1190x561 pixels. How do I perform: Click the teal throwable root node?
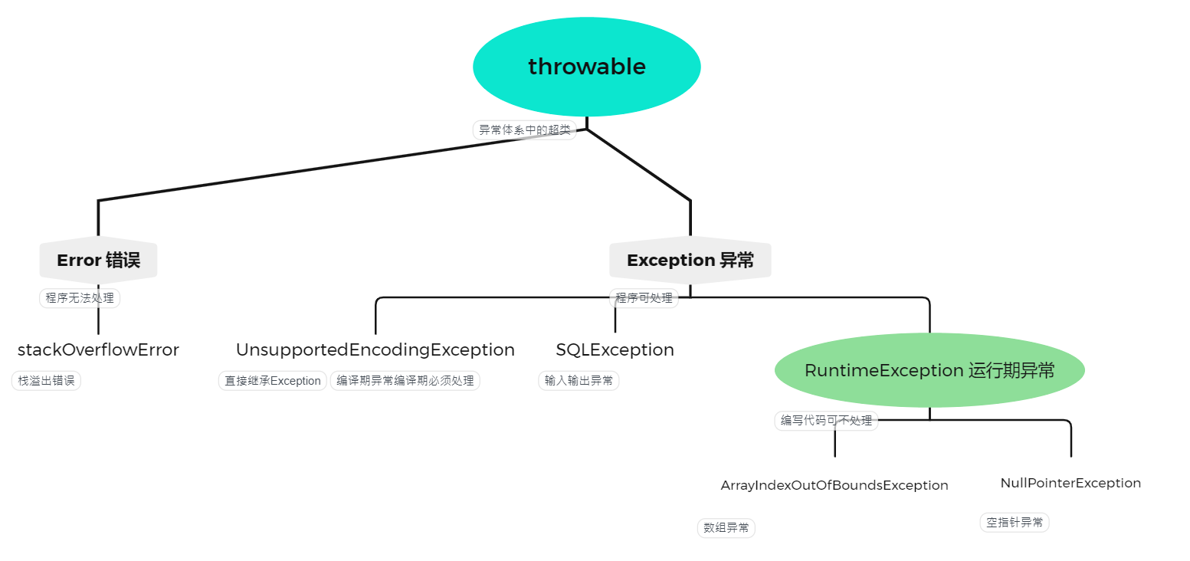pos(586,67)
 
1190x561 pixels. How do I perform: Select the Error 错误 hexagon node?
pos(98,261)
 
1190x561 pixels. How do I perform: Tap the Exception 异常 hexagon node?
pos(690,261)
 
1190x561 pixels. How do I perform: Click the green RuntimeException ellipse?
pos(929,370)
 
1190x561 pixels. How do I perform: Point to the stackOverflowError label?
pos(98,350)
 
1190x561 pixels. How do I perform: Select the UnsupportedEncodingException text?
pos(375,350)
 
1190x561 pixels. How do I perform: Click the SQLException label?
pos(615,350)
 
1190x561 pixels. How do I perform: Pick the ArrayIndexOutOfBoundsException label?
pos(834,485)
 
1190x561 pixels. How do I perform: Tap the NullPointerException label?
pos(1070,483)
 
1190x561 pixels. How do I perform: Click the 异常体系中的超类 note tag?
pos(524,130)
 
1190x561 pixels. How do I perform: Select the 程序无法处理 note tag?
pos(80,298)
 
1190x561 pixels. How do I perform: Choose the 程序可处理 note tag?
pos(644,298)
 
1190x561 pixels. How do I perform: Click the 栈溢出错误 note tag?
pos(46,380)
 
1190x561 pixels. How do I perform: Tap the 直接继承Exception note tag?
pos(273,381)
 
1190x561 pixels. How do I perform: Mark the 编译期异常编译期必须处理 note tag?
pos(405,381)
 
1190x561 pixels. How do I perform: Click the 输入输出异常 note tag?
pos(579,380)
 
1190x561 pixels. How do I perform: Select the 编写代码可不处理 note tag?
pos(826,421)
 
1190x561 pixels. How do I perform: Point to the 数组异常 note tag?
pos(726,528)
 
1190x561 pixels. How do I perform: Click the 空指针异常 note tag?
pos(1014,523)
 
